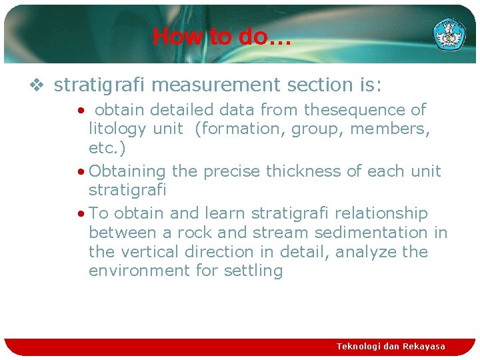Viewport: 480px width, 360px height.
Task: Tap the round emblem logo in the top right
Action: [450, 33]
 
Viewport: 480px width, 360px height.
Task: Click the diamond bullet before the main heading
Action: [38, 85]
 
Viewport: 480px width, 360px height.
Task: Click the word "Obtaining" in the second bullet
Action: [127, 171]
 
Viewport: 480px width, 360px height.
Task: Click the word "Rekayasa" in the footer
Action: [424, 346]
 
